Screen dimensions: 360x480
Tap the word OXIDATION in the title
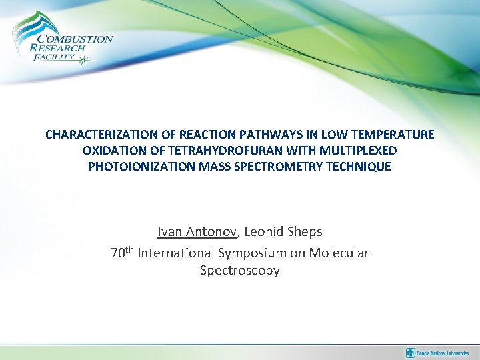click(x=116, y=151)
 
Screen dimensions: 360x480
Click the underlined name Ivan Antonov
click(x=197, y=232)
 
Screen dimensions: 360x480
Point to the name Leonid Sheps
click(x=283, y=232)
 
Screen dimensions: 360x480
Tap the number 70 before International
click(x=117, y=253)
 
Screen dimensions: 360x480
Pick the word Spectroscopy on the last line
click(x=240, y=271)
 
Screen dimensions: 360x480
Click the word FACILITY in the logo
click(x=53, y=58)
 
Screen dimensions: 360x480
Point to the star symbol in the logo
click(x=84, y=61)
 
